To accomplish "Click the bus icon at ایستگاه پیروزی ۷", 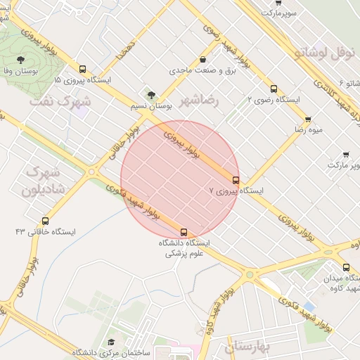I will point(236,179).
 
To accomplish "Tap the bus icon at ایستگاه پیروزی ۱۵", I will point(83,69).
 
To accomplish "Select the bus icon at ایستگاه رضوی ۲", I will point(274,89).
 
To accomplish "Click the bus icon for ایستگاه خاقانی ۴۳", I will point(46,220).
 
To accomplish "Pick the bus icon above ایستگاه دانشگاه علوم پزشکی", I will point(184,231).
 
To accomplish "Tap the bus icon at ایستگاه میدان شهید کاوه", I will point(345,267).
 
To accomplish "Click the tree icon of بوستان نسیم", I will point(150,94).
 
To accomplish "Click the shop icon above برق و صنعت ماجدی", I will point(203,60).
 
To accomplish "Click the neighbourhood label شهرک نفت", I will point(60,102).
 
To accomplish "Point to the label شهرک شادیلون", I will point(43,181).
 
